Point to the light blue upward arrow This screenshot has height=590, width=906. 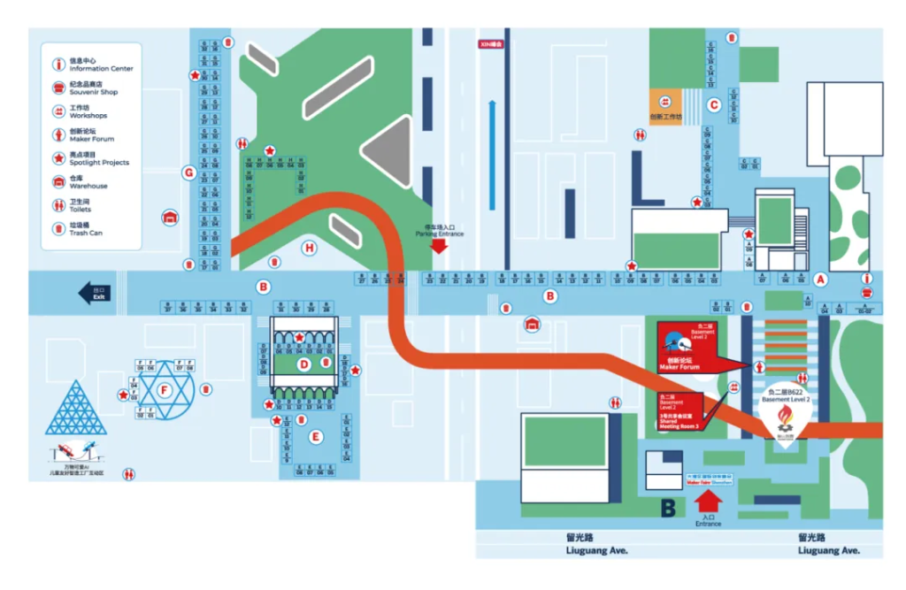click(493, 142)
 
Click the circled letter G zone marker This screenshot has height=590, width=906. click(188, 172)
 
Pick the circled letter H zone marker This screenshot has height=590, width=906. click(309, 248)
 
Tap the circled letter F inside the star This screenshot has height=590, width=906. click(163, 388)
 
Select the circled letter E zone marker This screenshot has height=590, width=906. click(316, 436)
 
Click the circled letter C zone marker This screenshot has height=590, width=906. click(714, 104)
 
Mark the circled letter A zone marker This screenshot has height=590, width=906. click(820, 279)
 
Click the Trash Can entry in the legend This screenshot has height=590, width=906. click(87, 230)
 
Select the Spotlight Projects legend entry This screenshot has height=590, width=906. click(98, 159)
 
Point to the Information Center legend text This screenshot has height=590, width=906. click(101, 65)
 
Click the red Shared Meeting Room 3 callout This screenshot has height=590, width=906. click(679, 410)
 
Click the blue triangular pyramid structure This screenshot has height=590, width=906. click(75, 409)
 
